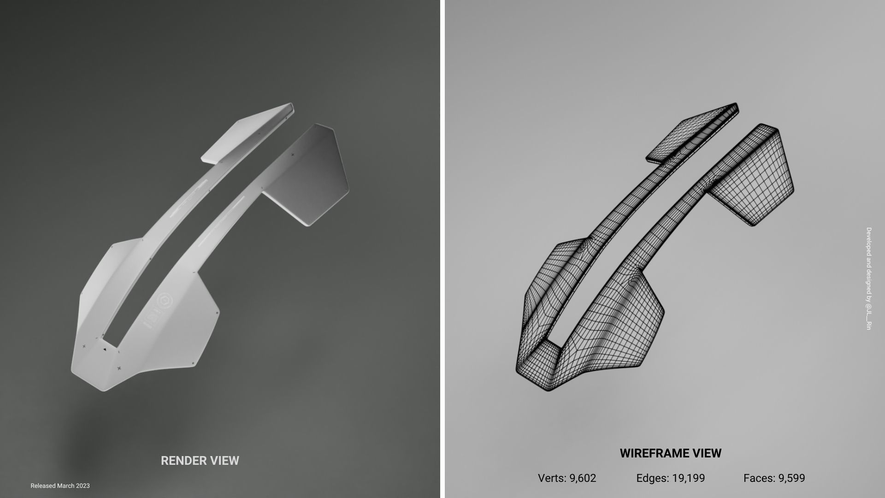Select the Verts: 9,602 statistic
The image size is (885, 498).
pos(567,478)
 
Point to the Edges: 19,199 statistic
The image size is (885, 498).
pos(670,478)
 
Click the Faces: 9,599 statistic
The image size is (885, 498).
pos(774,478)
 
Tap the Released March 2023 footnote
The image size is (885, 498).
pos(60,486)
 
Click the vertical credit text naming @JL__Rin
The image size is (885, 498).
pos(868,278)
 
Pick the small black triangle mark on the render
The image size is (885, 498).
pos(105,350)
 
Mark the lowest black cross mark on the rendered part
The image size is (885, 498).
pos(119,368)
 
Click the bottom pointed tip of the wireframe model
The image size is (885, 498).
pos(549,389)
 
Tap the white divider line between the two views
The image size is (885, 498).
pos(442,249)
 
